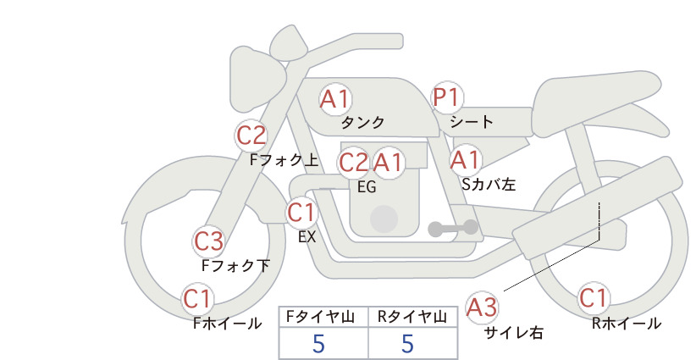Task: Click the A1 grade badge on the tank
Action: [x=335, y=99]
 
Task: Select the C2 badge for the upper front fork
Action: [x=251, y=135]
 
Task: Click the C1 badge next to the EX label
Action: [x=301, y=212]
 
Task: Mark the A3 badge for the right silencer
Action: [x=483, y=306]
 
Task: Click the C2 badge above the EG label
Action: [x=354, y=162]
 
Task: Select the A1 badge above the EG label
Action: [x=389, y=162]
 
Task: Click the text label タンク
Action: [x=362, y=123]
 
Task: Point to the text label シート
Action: [x=472, y=122]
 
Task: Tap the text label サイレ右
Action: [x=513, y=332]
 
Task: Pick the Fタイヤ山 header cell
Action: [x=323, y=317]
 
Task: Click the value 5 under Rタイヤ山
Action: [x=408, y=344]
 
